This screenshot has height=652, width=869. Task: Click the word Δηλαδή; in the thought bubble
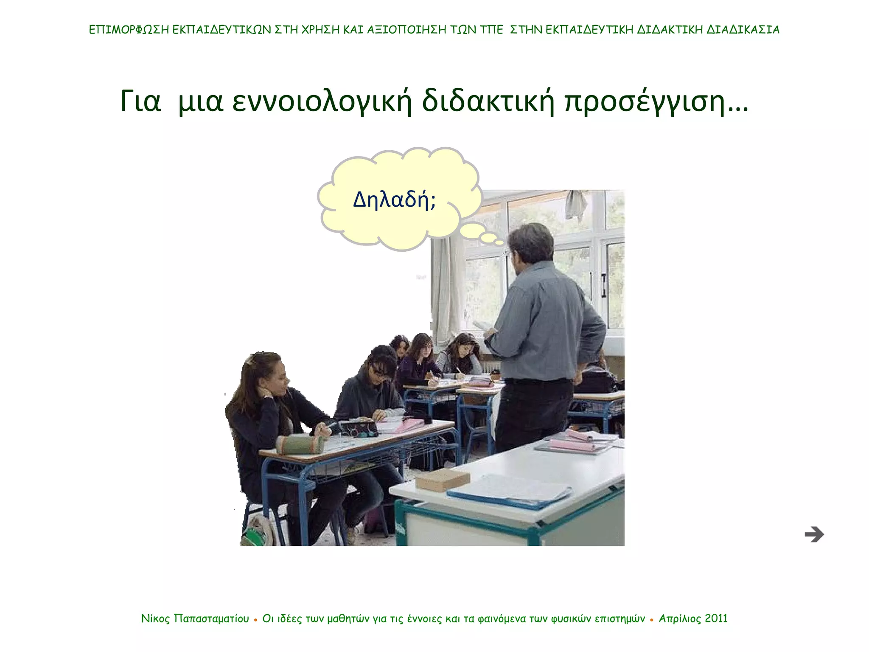click(394, 200)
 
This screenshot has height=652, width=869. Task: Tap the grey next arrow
click(814, 534)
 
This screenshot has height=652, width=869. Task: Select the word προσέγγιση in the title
click(645, 102)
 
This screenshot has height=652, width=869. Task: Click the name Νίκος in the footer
click(155, 618)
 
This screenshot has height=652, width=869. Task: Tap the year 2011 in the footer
click(716, 618)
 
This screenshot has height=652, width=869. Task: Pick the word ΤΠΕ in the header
click(491, 30)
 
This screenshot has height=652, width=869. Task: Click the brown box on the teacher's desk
click(442, 480)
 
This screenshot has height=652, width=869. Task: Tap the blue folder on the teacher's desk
click(509, 492)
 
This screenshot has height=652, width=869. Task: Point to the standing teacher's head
click(530, 244)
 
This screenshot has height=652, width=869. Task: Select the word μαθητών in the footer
click(348, 619)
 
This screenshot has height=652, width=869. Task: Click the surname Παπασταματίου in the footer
click(211, 619)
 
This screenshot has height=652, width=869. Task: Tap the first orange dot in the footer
click(255, 620)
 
